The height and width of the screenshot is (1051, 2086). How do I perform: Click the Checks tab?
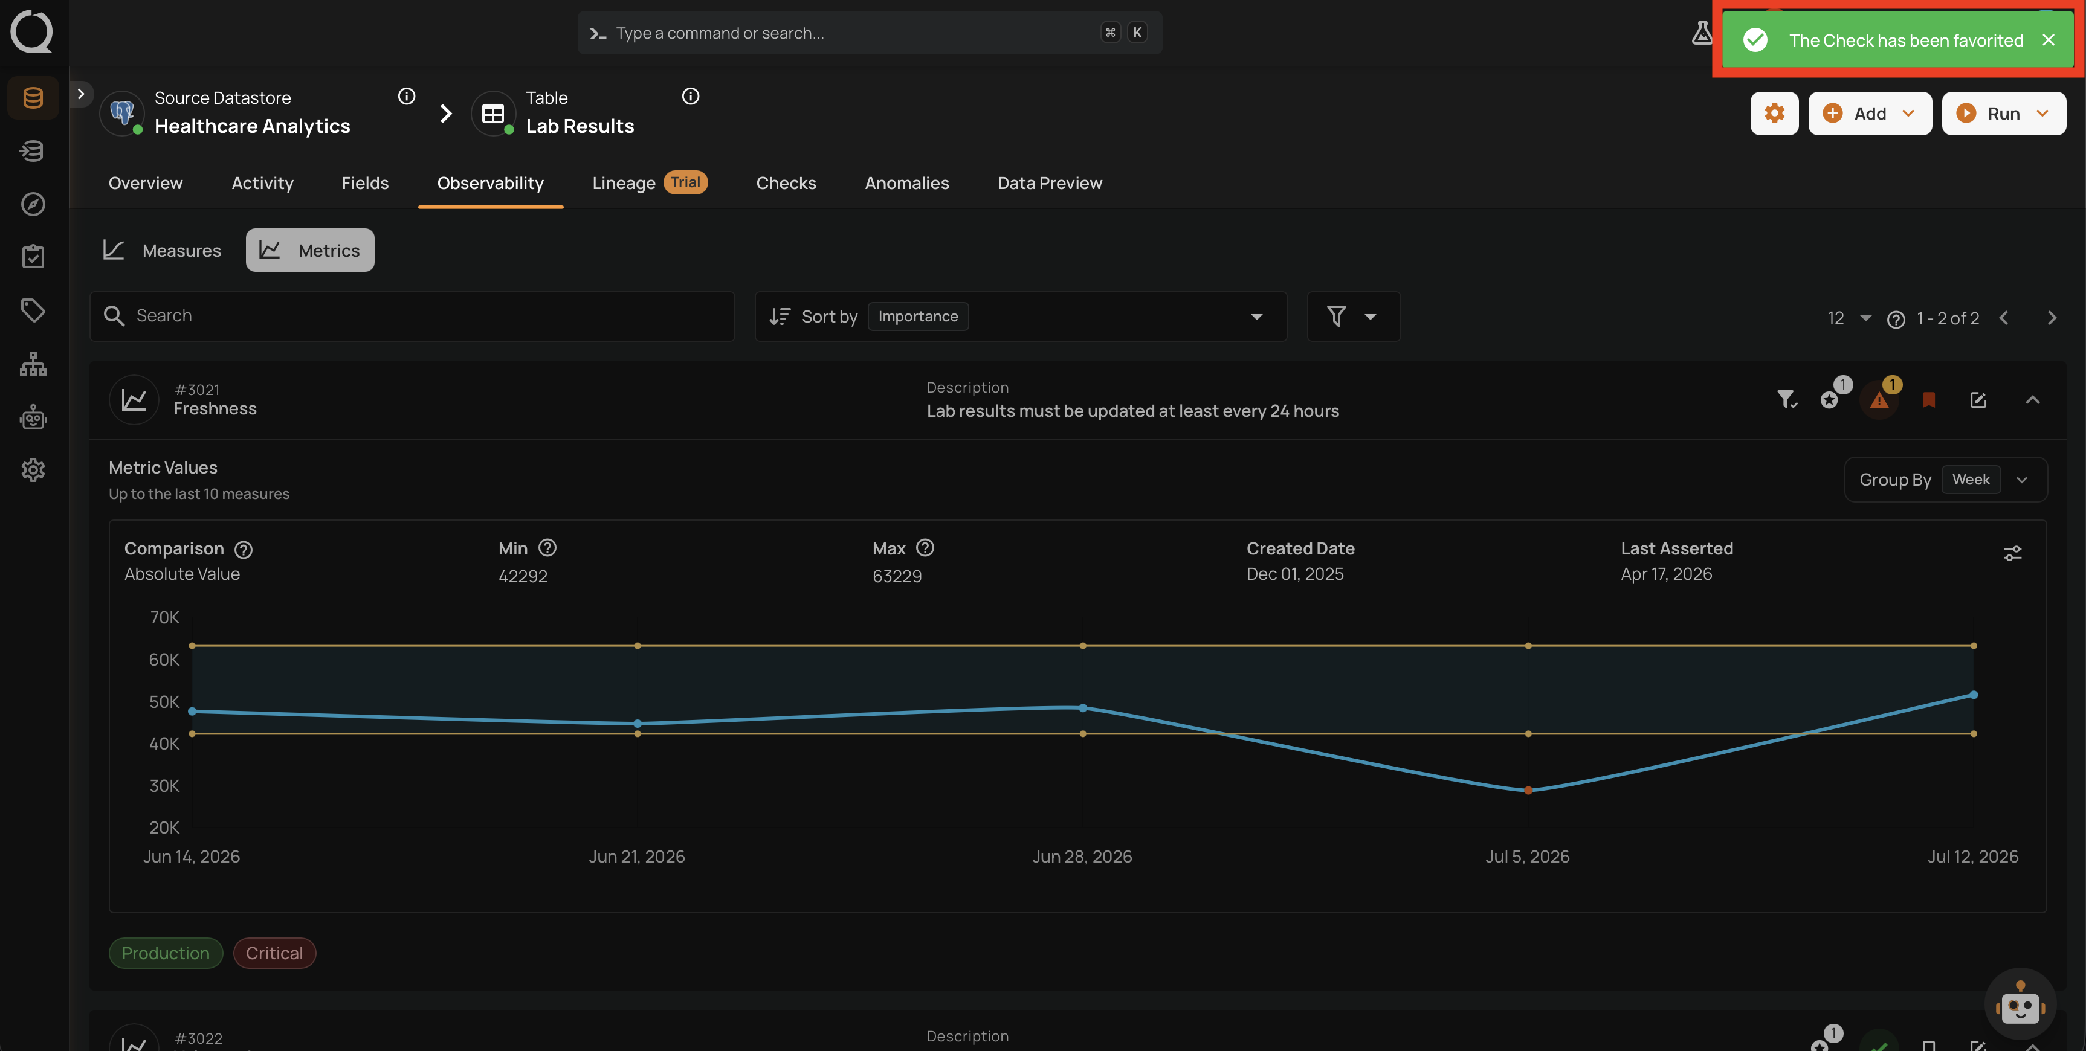pos(786,183)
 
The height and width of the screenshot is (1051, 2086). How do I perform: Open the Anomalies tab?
pos(906,183)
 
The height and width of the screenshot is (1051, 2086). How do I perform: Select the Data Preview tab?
pos(1050,183)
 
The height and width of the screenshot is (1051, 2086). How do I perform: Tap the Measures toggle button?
pos(162,250)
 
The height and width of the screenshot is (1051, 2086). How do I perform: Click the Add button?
pos(1870,114)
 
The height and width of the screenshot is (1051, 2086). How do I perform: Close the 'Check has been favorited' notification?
pos(2048,40)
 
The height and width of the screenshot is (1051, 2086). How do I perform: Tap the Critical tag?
pos(274,953)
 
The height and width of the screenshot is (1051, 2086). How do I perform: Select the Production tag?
pos(165,953)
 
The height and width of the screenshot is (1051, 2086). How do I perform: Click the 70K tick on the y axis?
pos(164,618)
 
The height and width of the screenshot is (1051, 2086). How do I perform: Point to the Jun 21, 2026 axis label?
pos(636,857)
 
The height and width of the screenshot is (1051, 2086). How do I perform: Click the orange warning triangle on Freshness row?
pos(1879,400)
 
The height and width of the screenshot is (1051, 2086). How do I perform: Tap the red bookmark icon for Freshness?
pos(1929,400)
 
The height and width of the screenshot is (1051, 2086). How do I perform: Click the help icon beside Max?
pos(925,548)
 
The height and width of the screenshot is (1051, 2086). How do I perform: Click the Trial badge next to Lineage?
pos(685,182)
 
